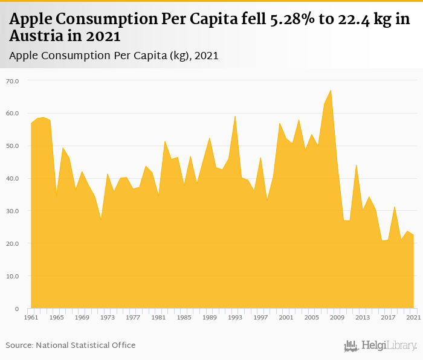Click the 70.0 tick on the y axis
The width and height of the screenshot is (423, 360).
click(x=12, y=80)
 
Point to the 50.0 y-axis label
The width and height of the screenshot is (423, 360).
click(x=12, y=146)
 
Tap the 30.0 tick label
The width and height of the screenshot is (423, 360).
click(x=12, y=211)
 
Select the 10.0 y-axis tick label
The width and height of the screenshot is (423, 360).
click(x=12, y=276)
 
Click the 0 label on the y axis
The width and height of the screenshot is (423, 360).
click(x=17, y=309)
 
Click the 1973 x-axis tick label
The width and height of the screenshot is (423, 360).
click(x=107, y=317)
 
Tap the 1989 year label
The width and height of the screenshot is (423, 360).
click(x=210, y=317)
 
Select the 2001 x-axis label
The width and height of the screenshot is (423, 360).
click(x=286, y=317)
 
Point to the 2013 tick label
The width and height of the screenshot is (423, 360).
click(x=363, y=317)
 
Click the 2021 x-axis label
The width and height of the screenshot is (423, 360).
click(x=413, y=317)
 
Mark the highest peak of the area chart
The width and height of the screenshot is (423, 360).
click(x=331, y=90)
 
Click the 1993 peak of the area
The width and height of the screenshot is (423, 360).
click(x=235, y=116)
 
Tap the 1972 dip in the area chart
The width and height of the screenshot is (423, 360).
click(x=101, y=219)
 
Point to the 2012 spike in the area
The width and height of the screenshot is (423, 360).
click(x=356, y=165)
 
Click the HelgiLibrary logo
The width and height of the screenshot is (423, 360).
click(x=381, y=346)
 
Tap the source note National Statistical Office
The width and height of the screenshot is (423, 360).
click(x=86, y=345)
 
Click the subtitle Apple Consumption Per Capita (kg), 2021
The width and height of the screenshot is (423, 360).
click(x=114, y=56)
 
